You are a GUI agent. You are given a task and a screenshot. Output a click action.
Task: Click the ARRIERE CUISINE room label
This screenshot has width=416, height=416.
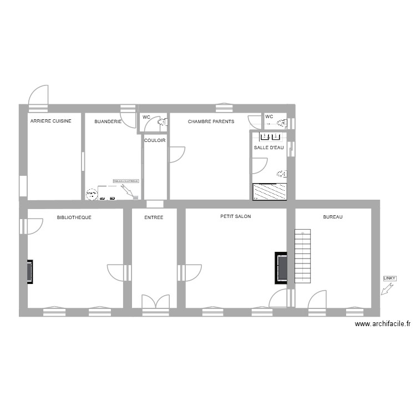pyautogui.click(x=50, y=121)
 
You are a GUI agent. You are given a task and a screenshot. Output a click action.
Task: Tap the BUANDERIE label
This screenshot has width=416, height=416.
pyautogui.click(x=108, y=121)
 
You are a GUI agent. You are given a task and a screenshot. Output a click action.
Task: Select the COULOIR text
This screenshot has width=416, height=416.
pyautogui.click(x=155, y=140)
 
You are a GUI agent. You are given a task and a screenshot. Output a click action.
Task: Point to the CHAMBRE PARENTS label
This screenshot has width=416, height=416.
pyautogui.click(x=211, y=121)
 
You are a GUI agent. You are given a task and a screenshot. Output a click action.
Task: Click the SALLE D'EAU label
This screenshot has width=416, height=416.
pyautogui.click(x=268, y=148)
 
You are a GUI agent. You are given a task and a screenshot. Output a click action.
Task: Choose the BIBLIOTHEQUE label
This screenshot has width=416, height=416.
pyautogui.click(x=74, y=217)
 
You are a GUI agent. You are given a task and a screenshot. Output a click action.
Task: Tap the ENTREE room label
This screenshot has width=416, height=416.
pyautogui.click(x=154, y=217)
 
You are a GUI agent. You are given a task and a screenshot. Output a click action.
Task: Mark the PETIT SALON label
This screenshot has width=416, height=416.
pyautogui.click(x=236, y=217)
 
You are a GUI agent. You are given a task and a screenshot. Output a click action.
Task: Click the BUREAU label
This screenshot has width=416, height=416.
pyautogui.click(x=333, y=217)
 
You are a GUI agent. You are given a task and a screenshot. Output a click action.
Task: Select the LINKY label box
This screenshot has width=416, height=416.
pyautogui.click(x=389, y=278)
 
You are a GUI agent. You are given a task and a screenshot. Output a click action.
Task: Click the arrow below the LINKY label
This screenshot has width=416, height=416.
pyautogui.click(x=387, y=288)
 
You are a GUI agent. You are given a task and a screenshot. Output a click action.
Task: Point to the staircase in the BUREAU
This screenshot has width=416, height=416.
pyautogui.click(x=303, y=256)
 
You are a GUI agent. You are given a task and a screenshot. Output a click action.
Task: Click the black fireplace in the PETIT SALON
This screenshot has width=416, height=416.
pyautogui.click(x=281, y=268)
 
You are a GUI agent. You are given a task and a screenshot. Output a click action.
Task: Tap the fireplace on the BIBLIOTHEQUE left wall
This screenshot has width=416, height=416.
pyautogui.click(x=29, y=272)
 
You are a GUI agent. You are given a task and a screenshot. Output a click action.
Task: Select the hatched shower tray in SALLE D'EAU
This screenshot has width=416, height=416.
pyautogui.click(x=270, y=191)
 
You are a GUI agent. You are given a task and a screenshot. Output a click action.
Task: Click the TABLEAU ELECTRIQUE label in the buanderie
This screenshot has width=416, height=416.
pyautogui.click(x=126, y=181)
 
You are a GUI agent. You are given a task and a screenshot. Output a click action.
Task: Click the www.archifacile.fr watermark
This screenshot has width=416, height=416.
pyautogui.click(x=383, y=324)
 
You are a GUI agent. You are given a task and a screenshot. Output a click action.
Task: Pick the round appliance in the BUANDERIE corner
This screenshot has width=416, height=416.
pyautogui.click(x=91, y=194)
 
